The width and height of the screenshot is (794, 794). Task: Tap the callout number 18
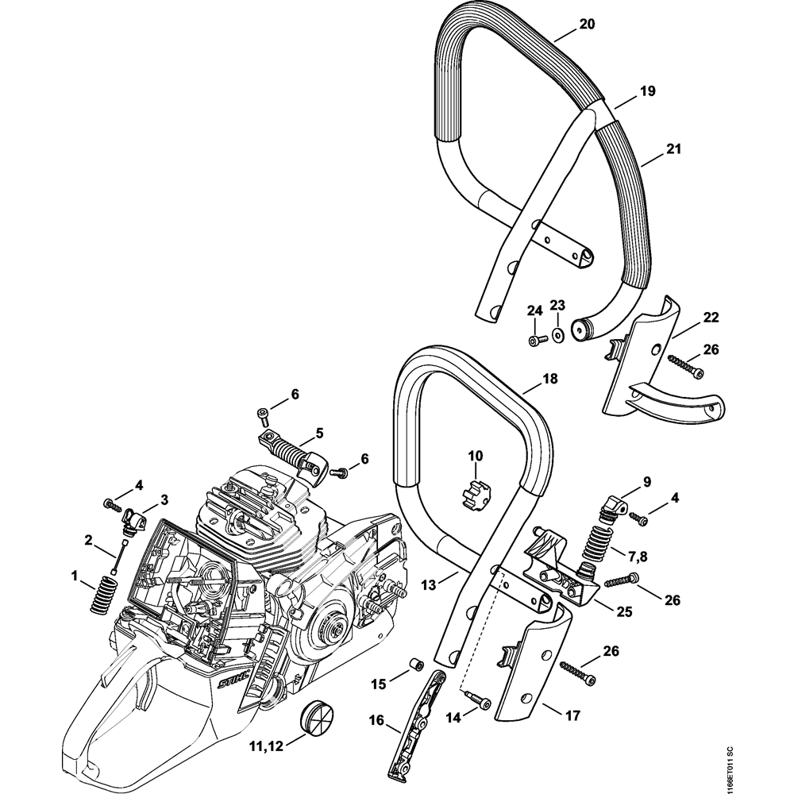549,380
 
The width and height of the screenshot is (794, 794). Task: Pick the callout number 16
377,721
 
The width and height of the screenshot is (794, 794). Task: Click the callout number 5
319,433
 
